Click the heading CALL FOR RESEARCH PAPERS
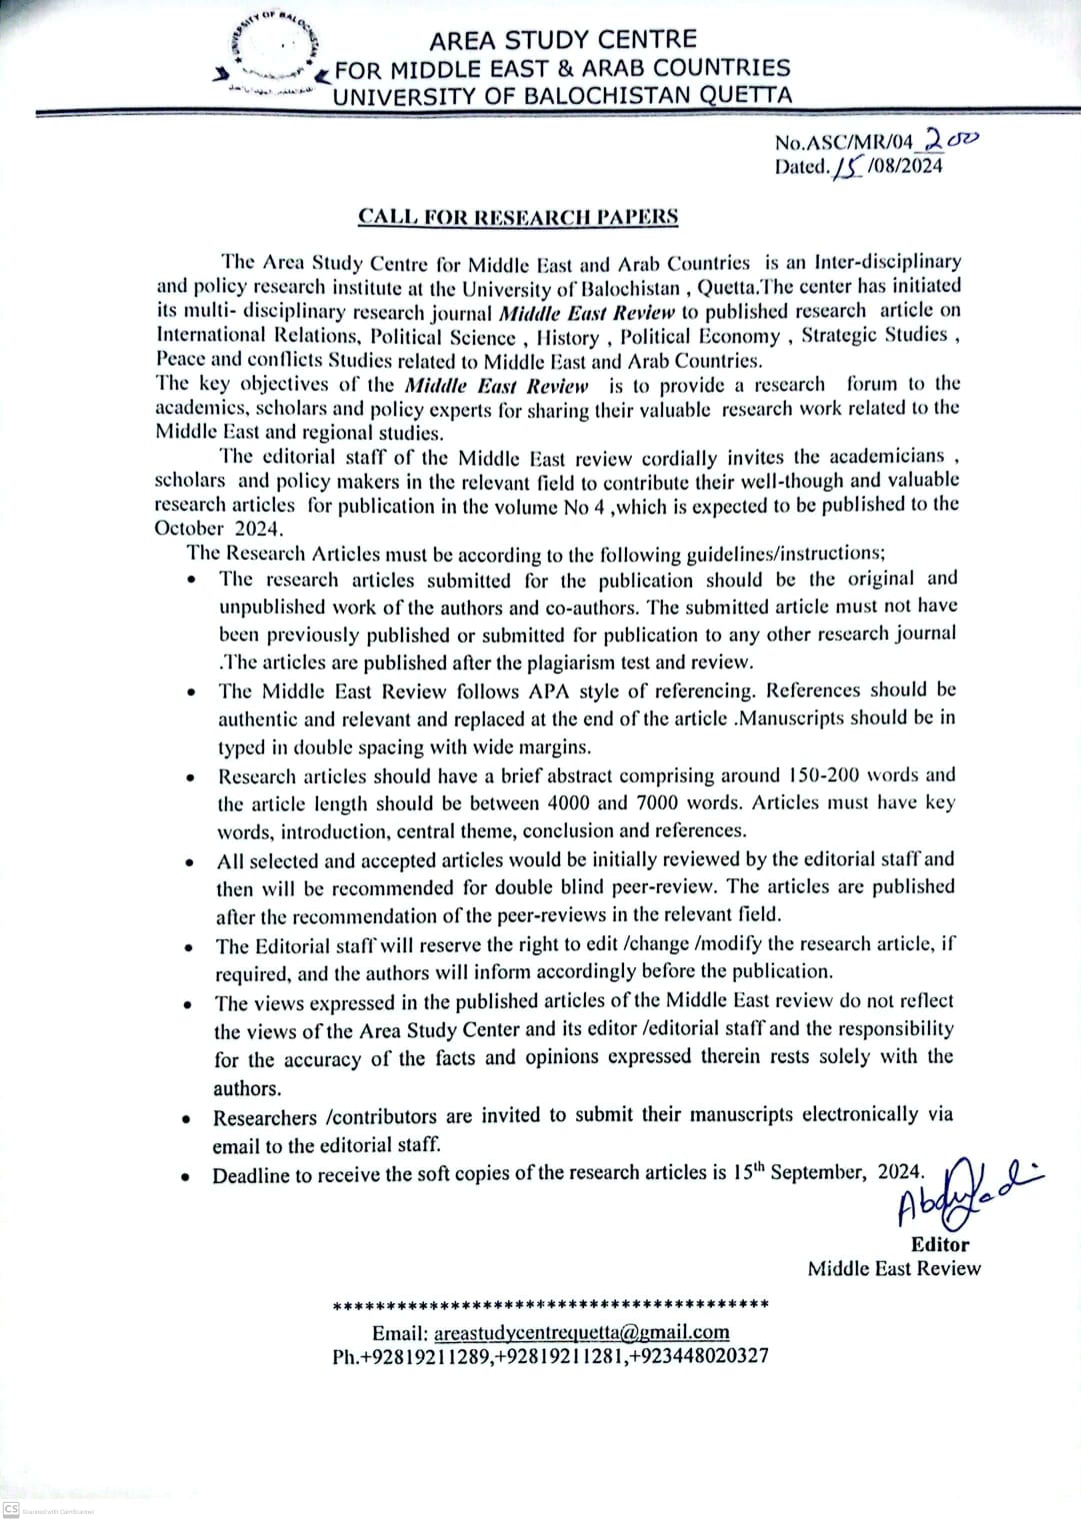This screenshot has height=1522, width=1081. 518,217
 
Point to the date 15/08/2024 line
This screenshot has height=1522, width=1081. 858,166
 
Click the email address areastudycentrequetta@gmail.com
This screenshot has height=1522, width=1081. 580,1332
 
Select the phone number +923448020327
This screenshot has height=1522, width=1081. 699,1356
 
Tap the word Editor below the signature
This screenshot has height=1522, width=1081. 939,1244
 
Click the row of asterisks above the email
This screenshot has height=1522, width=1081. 550,1305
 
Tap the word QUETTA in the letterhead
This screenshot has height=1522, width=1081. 732,96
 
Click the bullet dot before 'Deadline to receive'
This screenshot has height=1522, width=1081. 188,1177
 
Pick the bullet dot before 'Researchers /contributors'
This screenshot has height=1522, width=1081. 188,1119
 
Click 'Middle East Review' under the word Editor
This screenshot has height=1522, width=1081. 894,1268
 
